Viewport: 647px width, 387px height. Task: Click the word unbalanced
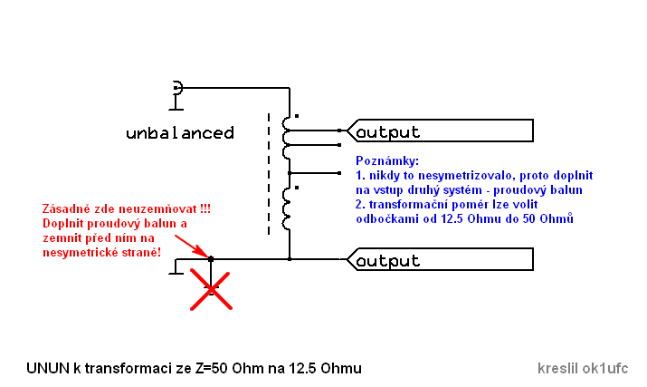[x=180, y=133]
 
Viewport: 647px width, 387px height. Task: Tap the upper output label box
[x=440, y=131]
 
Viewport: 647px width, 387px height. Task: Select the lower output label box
[x=440, y=261]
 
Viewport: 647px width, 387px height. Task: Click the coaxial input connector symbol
[x=176, y=89]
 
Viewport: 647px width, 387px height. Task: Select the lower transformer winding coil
[x=288, y=208]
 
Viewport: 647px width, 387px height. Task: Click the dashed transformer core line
[x=269, y=172]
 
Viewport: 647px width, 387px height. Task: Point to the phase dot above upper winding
[x=298, y=116]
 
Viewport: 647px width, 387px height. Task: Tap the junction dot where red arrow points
[x=211, y=260]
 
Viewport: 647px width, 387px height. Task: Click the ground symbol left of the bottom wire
[x=171, y=267]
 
